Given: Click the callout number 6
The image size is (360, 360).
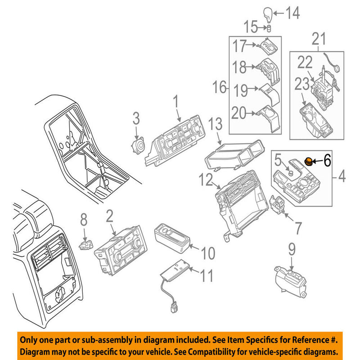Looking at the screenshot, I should click(x=327, y=159).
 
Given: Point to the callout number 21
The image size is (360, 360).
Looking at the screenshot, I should click(x=319, y=40).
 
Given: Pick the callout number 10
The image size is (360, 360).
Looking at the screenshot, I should click(x=208, y=253).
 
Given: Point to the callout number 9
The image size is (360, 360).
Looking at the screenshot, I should click(x=292, y=247).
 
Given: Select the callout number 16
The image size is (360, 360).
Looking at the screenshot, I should click(x=220, y=87).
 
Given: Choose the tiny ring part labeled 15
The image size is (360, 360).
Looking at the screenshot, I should click(x=269, y=29).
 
